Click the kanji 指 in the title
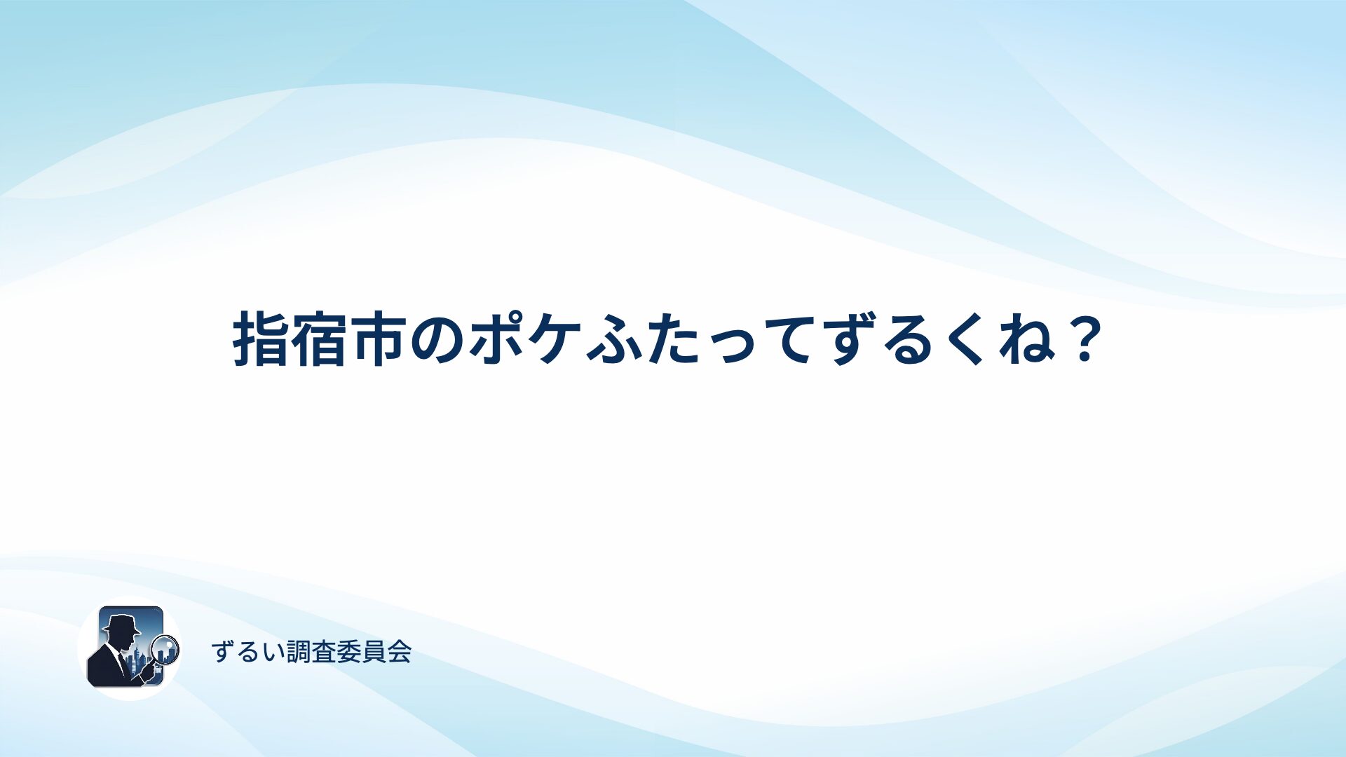(x=261, y=340)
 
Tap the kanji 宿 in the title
(x=320, y=340)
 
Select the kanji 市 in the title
(x=379, y=340)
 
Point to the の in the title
(x=437, y=341)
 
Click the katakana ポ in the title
(x=496, y=340)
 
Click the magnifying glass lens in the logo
(x=166, y=649)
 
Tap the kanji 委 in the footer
(x=348, y=652)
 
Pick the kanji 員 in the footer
(x=374, y=652)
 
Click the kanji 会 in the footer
(x=399, y=652)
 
